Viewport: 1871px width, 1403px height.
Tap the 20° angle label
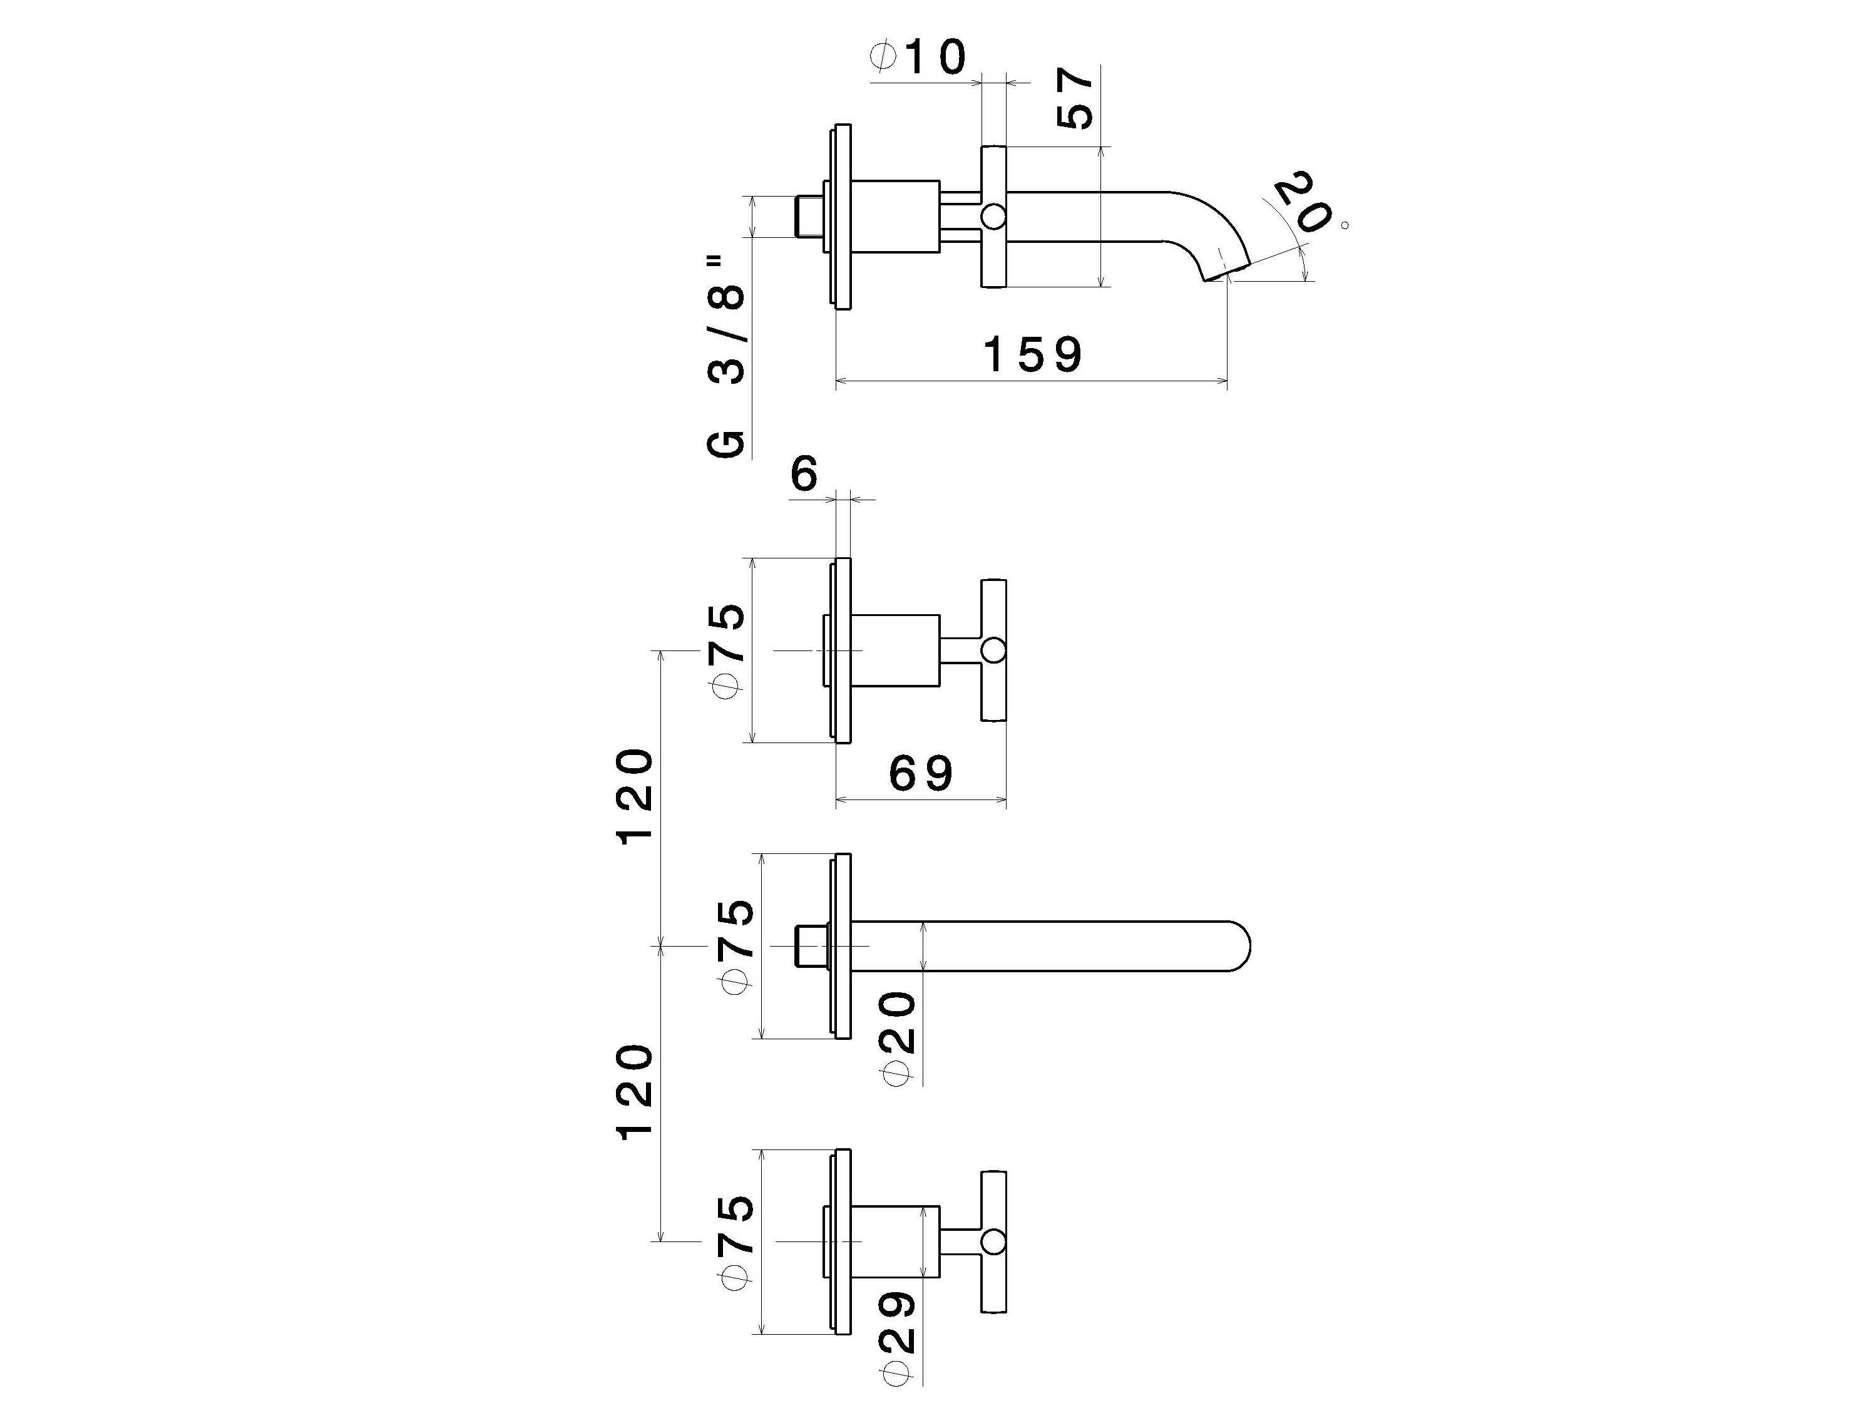coord(1303,203)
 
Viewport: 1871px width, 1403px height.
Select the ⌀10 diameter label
coord(918,58)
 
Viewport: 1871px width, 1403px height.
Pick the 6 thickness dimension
coord(804,474)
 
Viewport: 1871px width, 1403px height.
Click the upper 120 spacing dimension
coord(634,796)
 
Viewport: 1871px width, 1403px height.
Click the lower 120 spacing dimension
coord(634,1092)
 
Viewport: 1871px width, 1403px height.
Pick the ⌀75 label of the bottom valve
coord(734,1241)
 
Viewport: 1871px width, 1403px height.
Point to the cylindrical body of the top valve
coord(895,650)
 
